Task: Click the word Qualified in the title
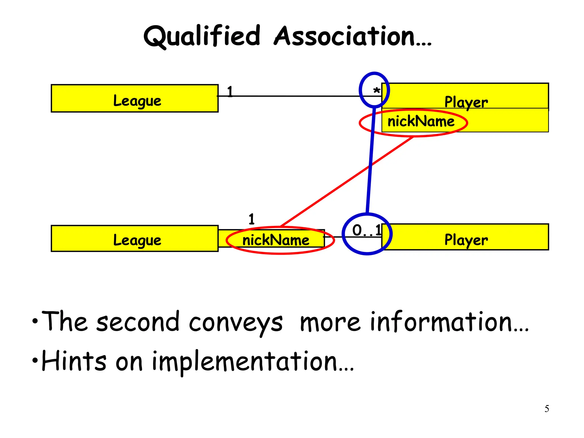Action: coord(202,36)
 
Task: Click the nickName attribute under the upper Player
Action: coord(421,121)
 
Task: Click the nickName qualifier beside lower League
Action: coord(275,240)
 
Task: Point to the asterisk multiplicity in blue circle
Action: coord(376,91)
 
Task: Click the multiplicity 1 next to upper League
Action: coord(230,92)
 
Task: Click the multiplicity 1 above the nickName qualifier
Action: coord(251,219)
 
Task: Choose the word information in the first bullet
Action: coord(449,322)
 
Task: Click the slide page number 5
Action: coord(547,409)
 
